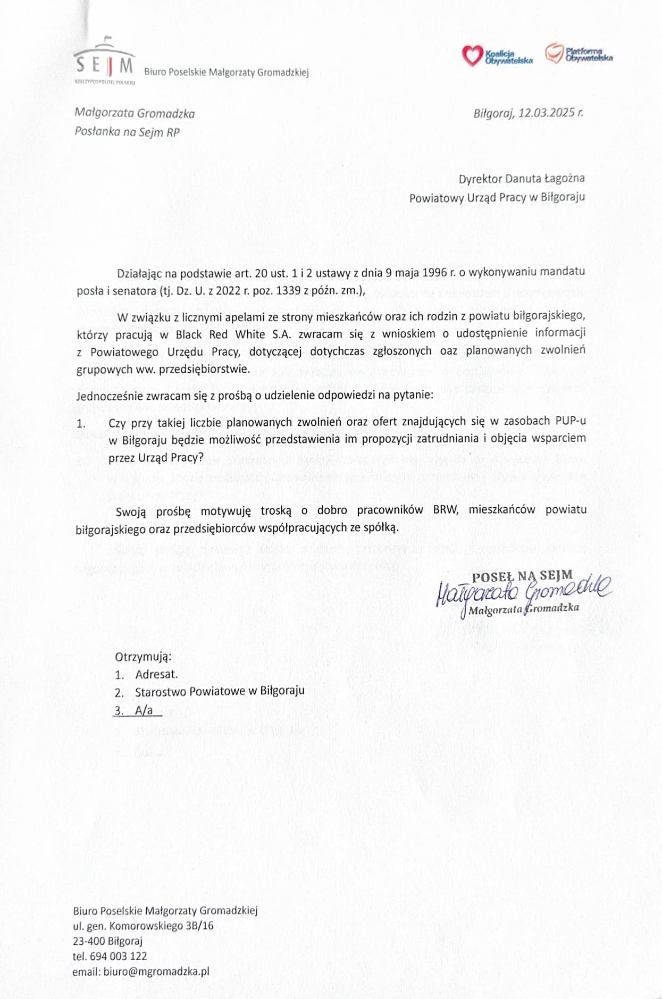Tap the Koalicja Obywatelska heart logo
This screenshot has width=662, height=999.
[472, 55]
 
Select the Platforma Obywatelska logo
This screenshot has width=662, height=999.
[554, 53]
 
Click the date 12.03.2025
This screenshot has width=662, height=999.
[547, 113]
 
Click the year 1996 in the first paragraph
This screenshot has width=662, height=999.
[434, 272]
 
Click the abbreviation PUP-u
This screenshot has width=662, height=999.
[571, 421]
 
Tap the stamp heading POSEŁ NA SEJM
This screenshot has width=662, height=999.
[522, 575]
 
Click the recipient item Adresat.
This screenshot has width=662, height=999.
[156, 674]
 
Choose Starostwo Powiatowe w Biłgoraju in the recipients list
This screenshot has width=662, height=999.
[220, 691]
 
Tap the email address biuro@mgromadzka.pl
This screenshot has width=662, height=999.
[156, 971]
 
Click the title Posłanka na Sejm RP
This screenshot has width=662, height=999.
[127, 132]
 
